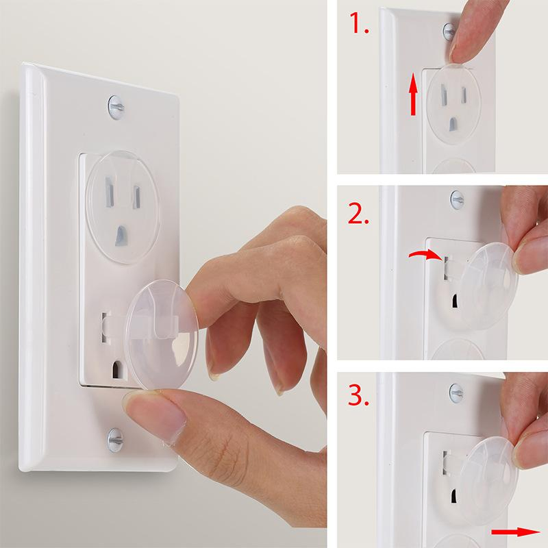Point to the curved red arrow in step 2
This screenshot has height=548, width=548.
coord(423,255)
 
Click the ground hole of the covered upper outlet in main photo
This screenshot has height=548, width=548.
coord(121,235)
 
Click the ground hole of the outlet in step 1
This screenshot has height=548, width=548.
coord(453,125)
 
